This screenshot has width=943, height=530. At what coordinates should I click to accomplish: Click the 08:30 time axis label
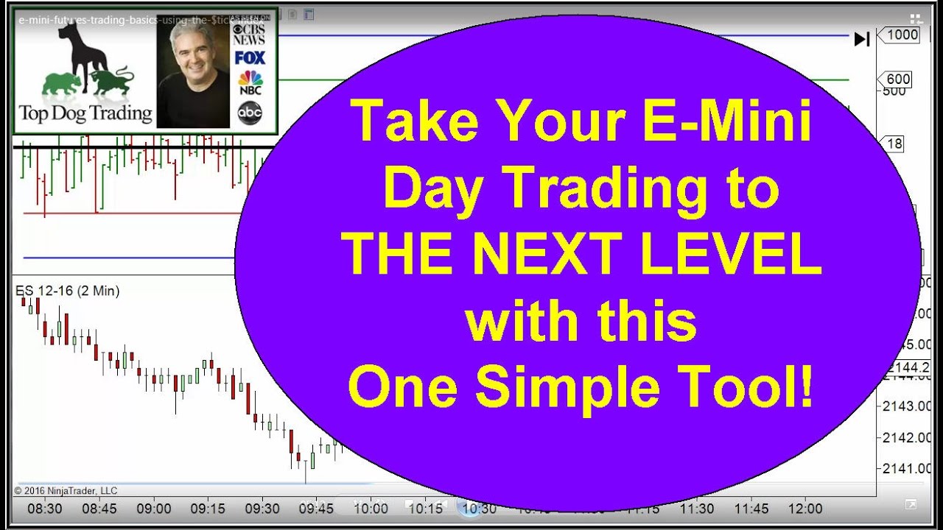[45, 509]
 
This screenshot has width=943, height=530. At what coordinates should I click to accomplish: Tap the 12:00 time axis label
[804, 509]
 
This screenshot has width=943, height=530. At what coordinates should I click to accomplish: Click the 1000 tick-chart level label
[902, 35]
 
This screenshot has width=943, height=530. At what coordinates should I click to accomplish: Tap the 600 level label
[898, 79]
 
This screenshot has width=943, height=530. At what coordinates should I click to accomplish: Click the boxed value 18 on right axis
[894, 144]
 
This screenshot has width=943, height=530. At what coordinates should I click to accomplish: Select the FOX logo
[250, 57]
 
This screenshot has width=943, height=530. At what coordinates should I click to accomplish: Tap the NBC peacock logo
[250, 83]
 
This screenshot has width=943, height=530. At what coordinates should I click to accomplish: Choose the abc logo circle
[250, 112]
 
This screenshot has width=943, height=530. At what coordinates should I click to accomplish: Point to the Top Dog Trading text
[85, 114]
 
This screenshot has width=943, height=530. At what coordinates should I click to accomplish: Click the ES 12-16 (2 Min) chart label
[68, 291]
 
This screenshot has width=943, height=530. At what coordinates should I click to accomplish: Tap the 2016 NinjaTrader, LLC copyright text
[66, 491]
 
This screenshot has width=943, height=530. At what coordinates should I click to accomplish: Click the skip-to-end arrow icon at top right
[861, 39]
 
